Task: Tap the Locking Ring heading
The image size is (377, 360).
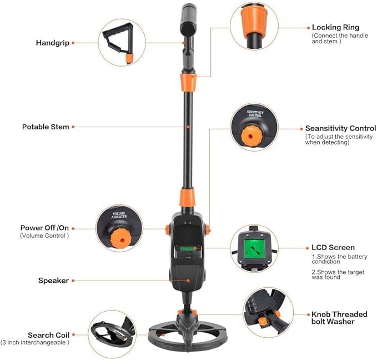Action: [x=335, y=27]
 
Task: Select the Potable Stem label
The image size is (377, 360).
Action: [x=46, y=127]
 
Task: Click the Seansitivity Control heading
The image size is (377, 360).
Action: [x=340, y=128]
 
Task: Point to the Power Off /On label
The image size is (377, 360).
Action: [x=45, y=228]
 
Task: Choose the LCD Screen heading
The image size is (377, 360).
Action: [x=333, y=247]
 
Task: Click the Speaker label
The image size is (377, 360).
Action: [x=53, y=281]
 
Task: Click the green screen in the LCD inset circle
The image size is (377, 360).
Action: [x=254, y=246]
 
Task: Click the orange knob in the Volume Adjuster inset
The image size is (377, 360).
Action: [x=118, y=238]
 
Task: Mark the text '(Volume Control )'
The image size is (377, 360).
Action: [x=44, y=236]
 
